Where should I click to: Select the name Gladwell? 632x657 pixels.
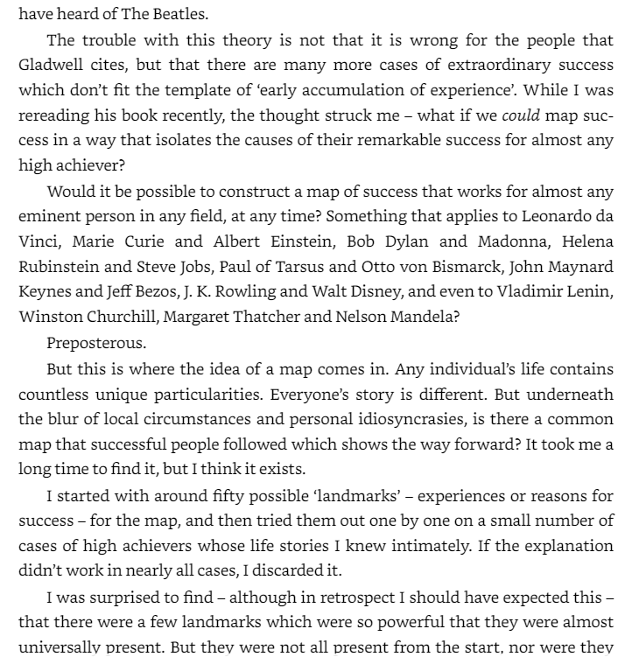tap(51, 66)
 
